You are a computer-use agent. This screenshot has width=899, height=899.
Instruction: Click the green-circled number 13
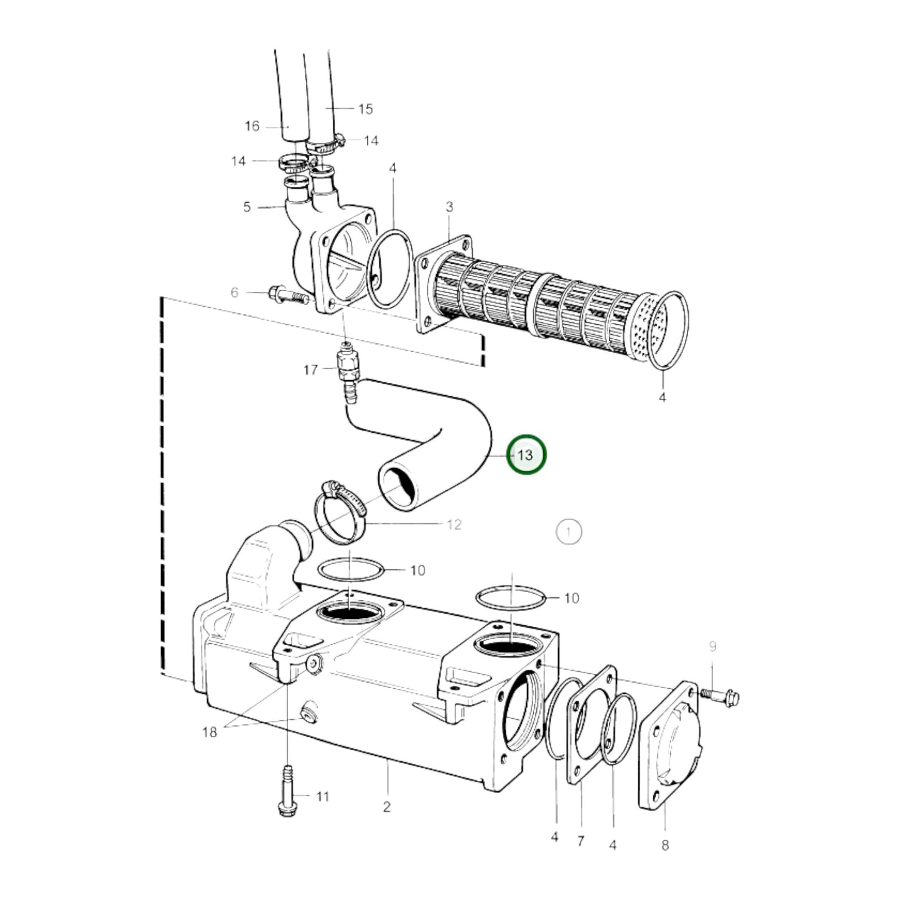[526, 455]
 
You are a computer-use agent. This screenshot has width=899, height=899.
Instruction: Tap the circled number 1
[568, 532]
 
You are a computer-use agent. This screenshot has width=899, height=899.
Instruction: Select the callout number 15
[365, 109]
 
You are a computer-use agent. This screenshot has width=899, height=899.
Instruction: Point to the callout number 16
[252, 126]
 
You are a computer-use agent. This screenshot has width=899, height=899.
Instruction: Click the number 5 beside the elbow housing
[247, 207]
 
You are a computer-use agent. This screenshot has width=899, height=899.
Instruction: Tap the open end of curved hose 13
[399, 489]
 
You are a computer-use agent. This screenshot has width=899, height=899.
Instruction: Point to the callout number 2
[387, 807]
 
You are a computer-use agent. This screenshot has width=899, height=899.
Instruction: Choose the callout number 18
[210, 732]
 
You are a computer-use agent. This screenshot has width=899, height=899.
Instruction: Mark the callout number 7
[580, 841]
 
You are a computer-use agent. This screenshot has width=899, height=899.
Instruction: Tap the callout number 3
[449, 207]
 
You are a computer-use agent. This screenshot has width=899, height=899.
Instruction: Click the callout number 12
[454, 524]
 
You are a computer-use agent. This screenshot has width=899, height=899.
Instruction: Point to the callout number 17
[310, 370]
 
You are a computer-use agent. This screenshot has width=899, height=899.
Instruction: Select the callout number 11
[322, 796]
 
